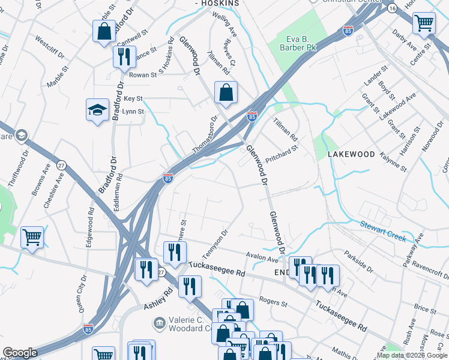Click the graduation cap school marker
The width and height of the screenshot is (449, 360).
tap(97, 110)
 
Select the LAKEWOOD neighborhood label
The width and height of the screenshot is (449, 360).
tap(351, 154)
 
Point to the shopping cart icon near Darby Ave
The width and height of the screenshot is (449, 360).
tap(424, 24)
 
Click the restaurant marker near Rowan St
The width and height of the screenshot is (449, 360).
tap(124, 58)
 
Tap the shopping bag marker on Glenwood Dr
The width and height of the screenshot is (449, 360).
tap(226, 93)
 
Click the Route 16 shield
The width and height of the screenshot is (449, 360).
tap(391, 8)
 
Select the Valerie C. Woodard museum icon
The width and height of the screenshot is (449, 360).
tap(160, 325)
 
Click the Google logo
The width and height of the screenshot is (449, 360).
tap(20, 353)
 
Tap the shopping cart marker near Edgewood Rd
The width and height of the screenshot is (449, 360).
tap(32, 236)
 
